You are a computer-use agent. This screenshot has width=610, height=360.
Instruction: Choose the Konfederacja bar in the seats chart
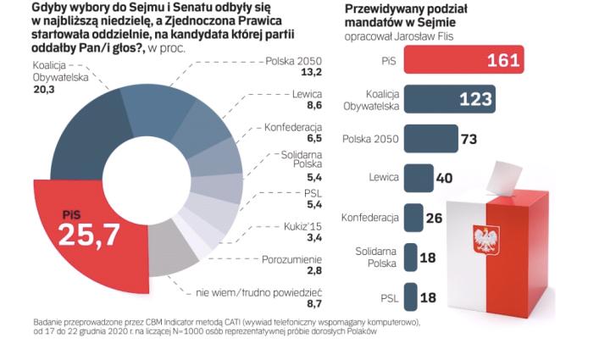tap(413, 217)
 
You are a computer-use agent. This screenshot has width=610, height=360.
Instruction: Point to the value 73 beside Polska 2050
tap(469, 138)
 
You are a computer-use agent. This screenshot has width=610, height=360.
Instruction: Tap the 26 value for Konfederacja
tap(435, 218)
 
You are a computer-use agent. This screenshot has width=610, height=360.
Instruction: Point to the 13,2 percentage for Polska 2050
tap(313, 73)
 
